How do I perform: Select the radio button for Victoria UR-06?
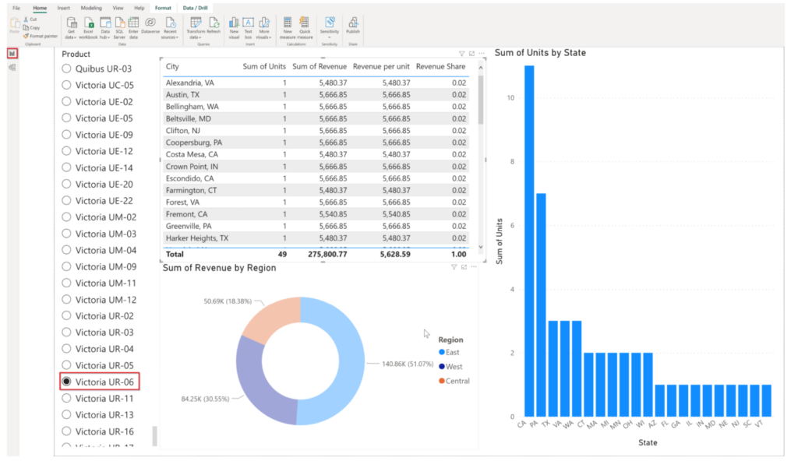click(x=66, y=382)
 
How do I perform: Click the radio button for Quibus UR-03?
click(x=66, y=69)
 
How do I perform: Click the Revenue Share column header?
click(x=440, y=67)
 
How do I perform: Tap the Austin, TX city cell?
click(x=184, y=94)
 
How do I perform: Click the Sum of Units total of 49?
click(x=281, y=254)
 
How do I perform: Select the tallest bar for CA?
click(x=529, y=241)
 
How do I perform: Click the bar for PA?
click(x=541, y=304)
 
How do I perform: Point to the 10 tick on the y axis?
click(x=511, y=98)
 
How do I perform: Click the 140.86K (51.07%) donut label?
click(x=408, y=364)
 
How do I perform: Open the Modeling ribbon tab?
click(x=91, y=8)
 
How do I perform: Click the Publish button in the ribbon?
click(x=353, y=26)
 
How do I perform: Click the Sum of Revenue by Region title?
click(x=219, y=268)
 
